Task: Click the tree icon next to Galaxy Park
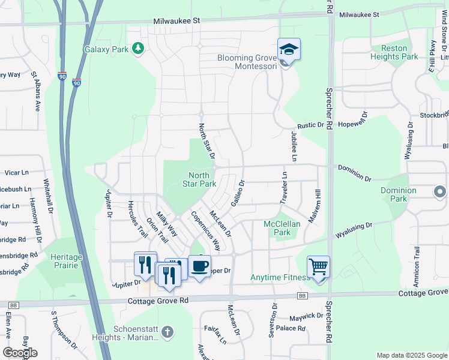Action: pyautogui.click(x=138, y=48)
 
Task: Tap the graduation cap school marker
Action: pyautogui.click(x=289, y=49)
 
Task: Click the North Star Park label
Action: pyautogui.click(x=199, y=179)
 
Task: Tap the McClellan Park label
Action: pyautogui.click(x=277, y=228)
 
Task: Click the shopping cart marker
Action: pyautogui.click(x=318, y=266)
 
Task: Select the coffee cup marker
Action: pyautogui.click(x=199, y=266)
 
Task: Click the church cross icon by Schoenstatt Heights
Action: pyautogui.click(x=167, y=331)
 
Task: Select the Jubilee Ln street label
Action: pyautogui.click(x=294, y=148)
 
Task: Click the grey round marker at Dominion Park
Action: pyautogui.click(x=439, y=192)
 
